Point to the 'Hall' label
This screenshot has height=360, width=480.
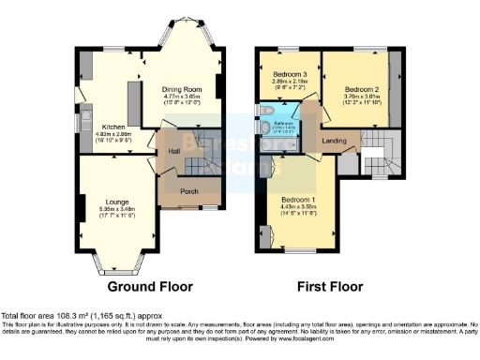pyautogui.click(x=173, y=150)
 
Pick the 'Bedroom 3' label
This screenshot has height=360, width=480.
pyautogui.click(x=290, y=73)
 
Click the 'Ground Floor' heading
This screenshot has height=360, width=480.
pyautogui.click(x=150, y=286)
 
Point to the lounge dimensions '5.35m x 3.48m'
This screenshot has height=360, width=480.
pyautogui.click(x=116, y=209)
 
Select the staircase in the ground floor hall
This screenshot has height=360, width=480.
pyautogui.click(x=198, y=165)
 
